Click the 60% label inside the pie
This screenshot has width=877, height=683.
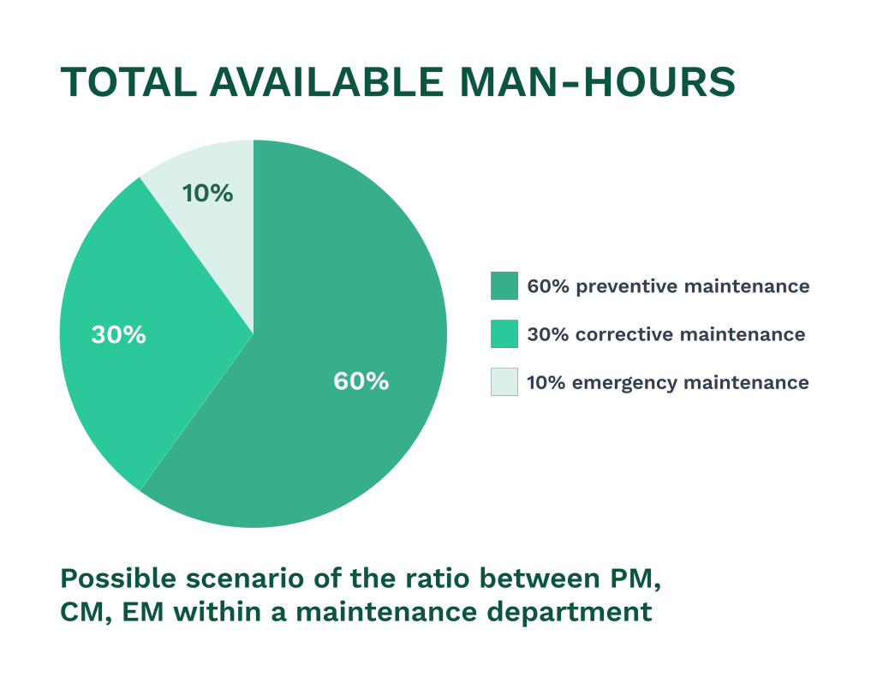tap(361, 380)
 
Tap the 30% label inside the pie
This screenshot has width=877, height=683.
tap(118, 334)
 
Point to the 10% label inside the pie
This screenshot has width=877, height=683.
tap(207, 194)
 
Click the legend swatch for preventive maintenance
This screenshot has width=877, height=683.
tap(504, 286)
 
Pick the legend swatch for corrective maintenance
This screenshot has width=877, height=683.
tap(504, 334)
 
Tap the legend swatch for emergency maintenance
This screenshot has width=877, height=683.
tap(504, 382)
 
